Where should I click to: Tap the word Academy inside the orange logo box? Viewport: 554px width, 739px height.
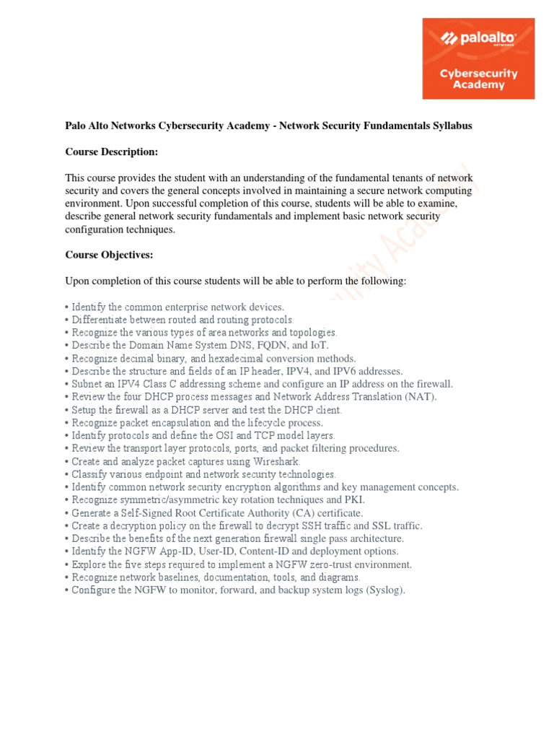[x=478, y=84]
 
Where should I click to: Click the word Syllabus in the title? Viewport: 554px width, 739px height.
[x=447, y=126]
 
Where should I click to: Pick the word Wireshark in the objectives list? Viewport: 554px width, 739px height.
[x=276, y=461]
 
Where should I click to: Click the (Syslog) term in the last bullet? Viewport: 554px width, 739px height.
[x=386, y=590]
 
